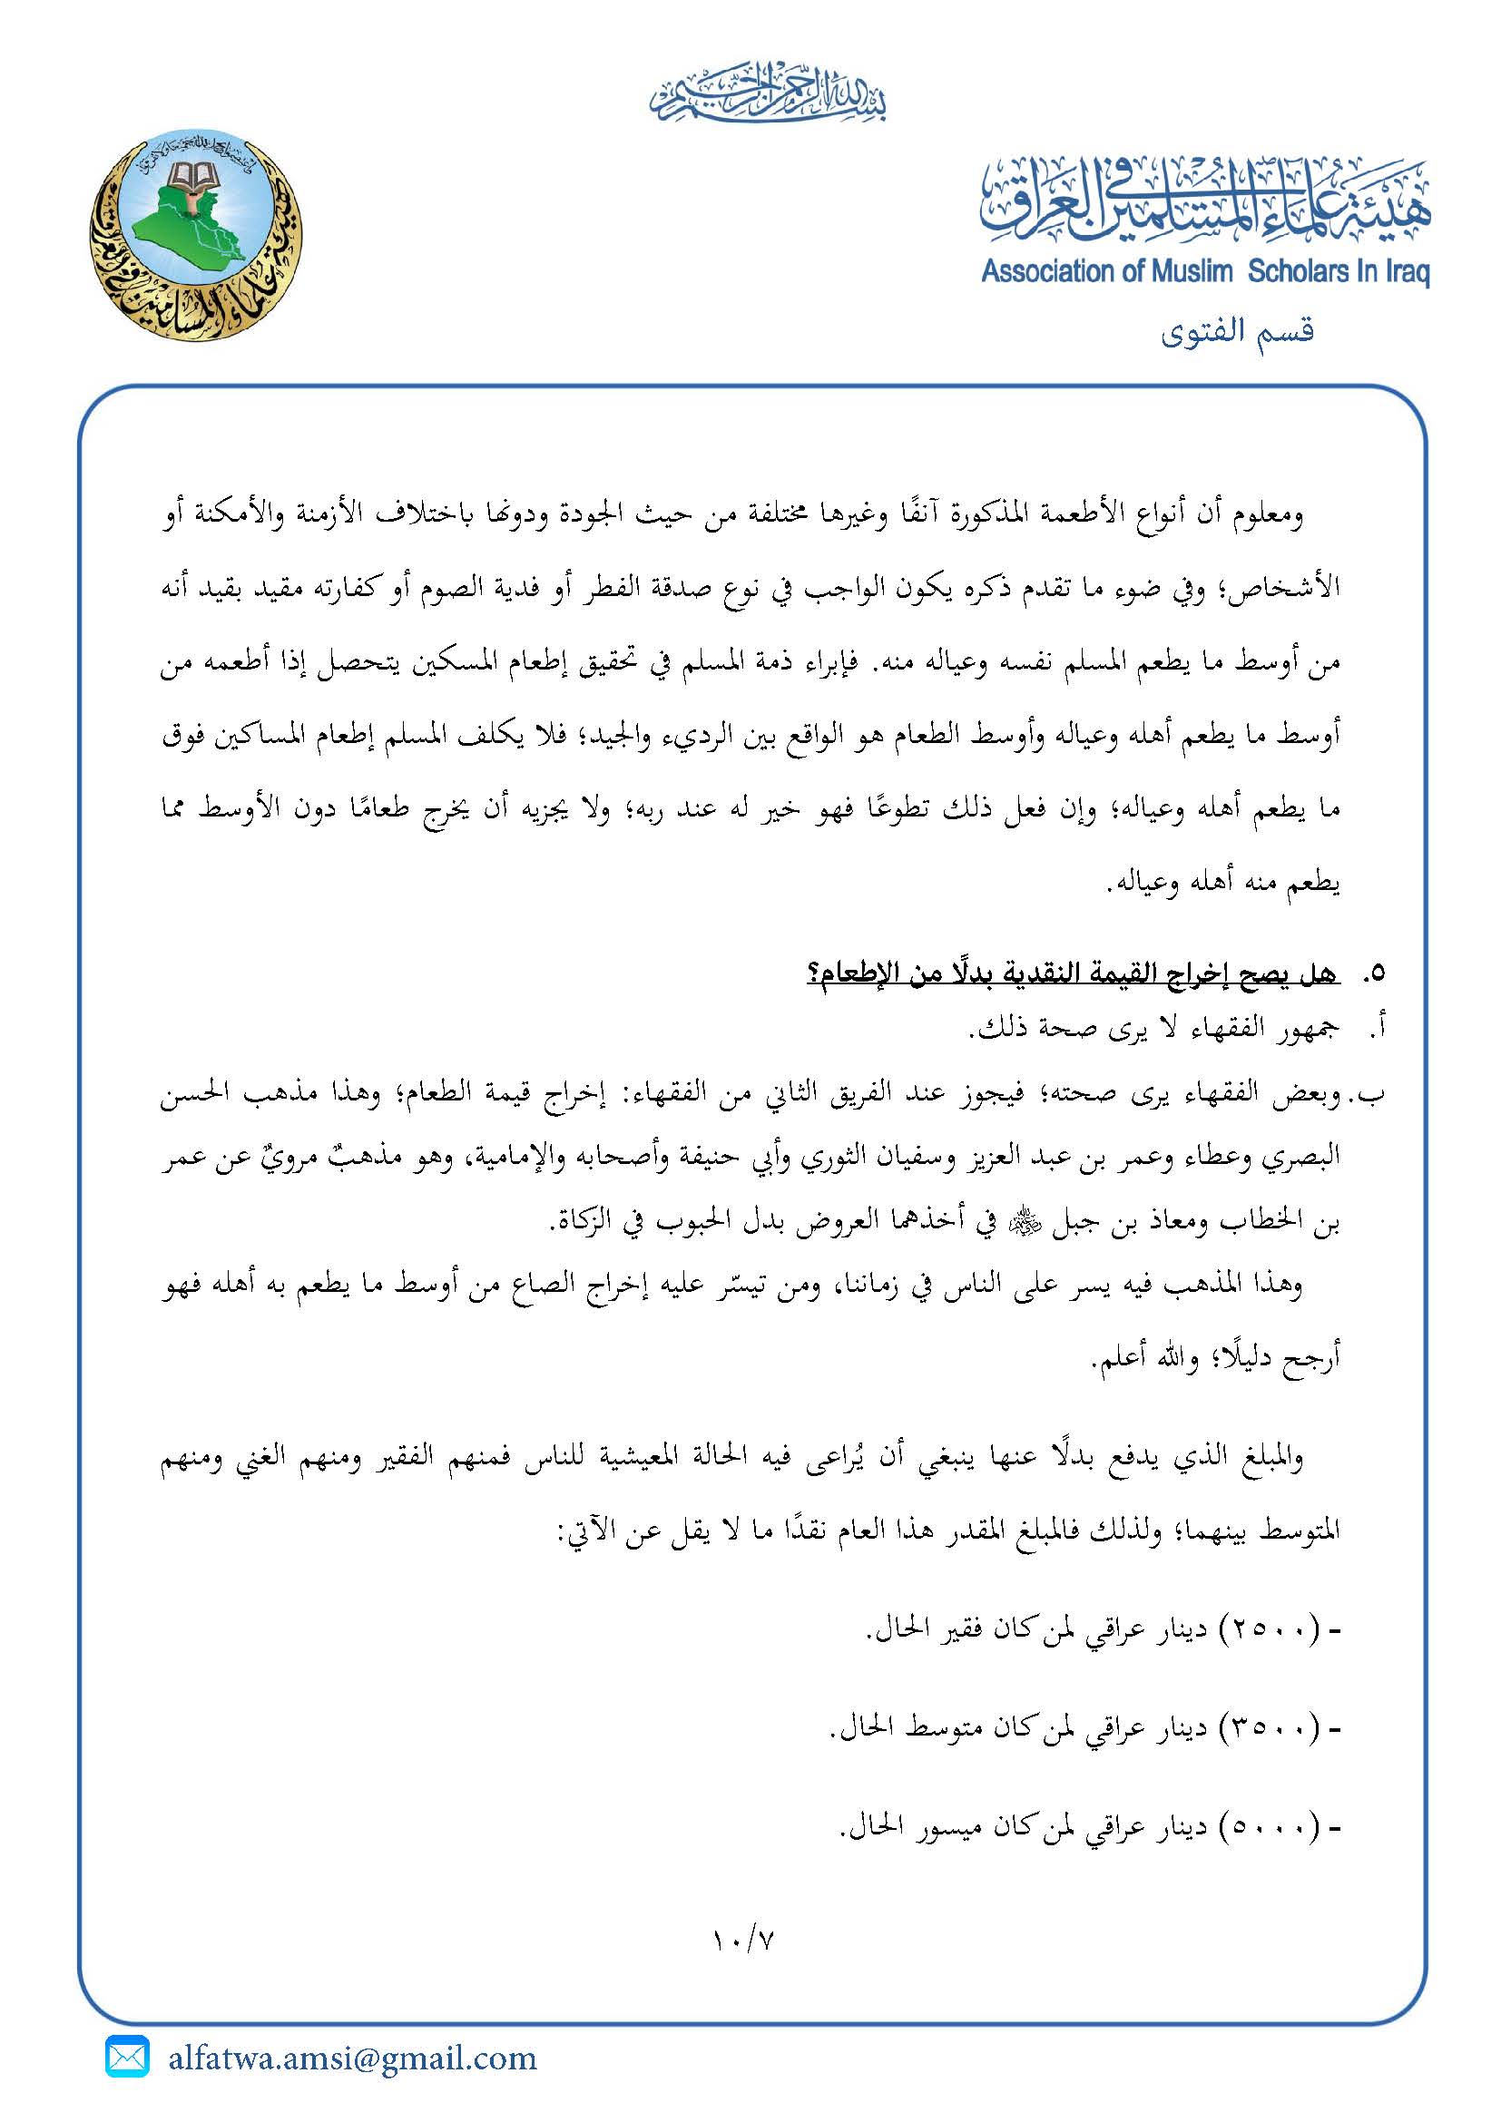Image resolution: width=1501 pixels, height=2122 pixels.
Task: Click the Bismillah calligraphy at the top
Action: pos(767,93)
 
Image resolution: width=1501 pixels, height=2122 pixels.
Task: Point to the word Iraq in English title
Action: pos(1408,274)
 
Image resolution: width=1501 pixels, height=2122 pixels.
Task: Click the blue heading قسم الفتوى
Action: pos(1238,330)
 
